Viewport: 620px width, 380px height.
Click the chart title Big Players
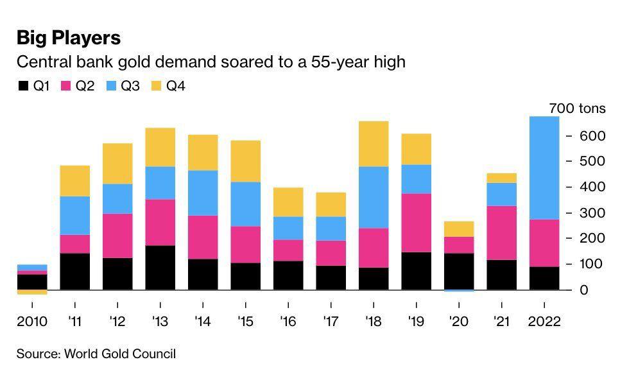point(69,38)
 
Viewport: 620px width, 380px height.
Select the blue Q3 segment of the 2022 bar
point(544,168)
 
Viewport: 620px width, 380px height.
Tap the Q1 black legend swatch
point(23,86)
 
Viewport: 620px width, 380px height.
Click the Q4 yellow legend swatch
point(157,86)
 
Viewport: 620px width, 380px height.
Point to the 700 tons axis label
point(577,108)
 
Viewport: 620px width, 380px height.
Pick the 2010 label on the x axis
point(32,321)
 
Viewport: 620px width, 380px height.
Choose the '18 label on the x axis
point(374,321)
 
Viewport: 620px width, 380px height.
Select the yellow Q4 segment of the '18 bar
point(374,144)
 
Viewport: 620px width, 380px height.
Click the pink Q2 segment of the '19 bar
point(416,223)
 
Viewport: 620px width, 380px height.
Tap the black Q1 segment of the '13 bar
point(160,267)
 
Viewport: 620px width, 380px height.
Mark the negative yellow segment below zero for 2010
point(32,292)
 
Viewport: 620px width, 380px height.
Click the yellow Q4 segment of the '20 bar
point(459,229)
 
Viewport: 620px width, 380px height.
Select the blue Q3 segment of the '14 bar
point(203,193)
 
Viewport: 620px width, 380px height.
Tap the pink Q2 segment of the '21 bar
point(501,232)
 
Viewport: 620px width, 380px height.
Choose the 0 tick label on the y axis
point(584,290)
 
